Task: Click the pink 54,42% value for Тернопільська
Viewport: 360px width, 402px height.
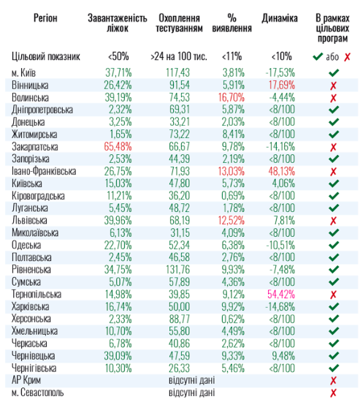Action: click(x=280, y=294)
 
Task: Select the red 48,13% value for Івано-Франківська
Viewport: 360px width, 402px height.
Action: click(x=280, y=171)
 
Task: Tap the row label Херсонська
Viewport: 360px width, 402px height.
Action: click(x=37, y=318)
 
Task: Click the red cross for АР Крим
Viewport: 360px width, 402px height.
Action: click(x=334, y=380)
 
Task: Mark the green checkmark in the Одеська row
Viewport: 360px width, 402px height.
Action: click(x=334, y=245)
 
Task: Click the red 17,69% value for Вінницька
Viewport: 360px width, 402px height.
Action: click(x=280, y=85)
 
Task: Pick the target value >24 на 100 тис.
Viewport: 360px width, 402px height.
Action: click(x=177, y=56)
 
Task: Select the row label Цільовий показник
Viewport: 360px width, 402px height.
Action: click(x=45, y=56)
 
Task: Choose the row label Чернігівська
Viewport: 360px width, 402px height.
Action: click(x=38, y=368)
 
